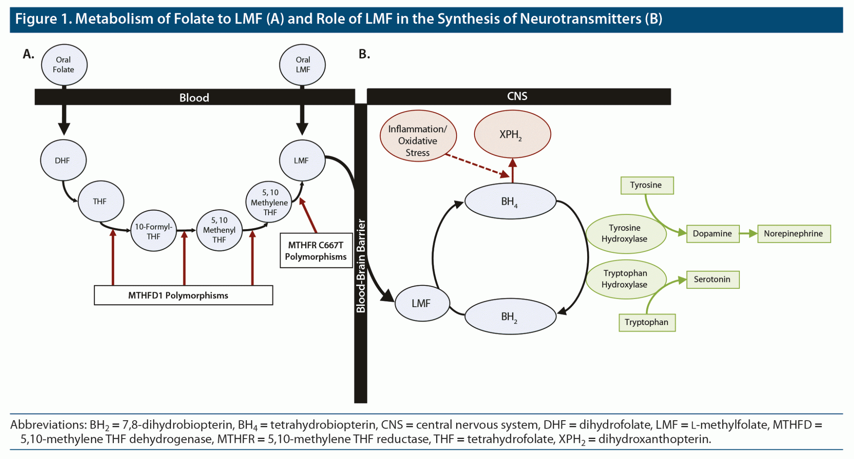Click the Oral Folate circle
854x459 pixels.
click(x=64, y=65)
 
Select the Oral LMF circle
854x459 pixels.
click(x=302, y=65)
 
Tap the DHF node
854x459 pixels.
click(x=63, y=160)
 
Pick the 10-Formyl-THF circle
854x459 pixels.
click(x=153, y=231)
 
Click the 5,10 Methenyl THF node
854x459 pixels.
click(x=219, y=230)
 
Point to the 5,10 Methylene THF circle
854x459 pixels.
click(x=269, y=202)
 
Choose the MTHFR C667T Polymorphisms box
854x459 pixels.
click(x=316, y=250)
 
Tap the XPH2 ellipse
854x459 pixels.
click(x=512, y=134)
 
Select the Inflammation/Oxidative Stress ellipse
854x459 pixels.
click(x=418, y=141)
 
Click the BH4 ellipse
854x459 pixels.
click(x=510, y=202)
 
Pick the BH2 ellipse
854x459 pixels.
click(x=510, y=317)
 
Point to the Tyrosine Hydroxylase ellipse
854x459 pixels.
click(x=625, y=234)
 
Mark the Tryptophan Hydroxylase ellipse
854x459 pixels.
click(x=625, y=279)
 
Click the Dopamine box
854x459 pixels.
click(x=713, y=234)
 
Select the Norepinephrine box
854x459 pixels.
click(x=794, y=234)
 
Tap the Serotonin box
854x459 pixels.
click(x=713, y=280)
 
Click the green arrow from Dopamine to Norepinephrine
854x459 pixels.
click(x=749, y=234)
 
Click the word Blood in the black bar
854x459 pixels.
click(x=194, y=98)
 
